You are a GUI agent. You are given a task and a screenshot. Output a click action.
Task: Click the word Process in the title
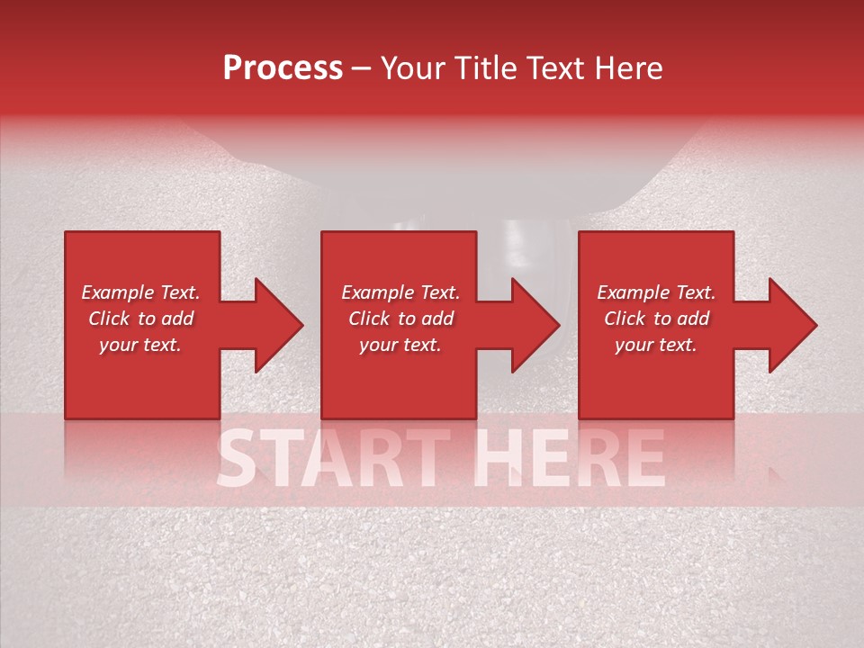[283, 68]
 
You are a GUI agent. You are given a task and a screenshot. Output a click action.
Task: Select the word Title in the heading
[486, 68]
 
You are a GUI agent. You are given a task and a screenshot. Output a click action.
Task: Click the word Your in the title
[415, 68]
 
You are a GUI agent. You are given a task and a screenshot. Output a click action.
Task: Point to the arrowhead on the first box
[278, 325]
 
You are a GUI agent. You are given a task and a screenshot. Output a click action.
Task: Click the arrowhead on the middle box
[535, 325]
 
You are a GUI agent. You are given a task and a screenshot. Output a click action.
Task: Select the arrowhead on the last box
[792, 325]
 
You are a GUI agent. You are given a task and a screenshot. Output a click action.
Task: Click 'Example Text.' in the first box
[140, 292]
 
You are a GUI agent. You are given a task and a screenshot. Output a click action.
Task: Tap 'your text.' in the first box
[140, 345]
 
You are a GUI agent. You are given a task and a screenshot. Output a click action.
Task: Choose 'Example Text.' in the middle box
[400, 292]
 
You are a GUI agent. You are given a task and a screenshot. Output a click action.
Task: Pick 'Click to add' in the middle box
[400, 319]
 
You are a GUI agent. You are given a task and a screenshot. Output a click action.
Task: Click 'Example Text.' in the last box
[656, 292]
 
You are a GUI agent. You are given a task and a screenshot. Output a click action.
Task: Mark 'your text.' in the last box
[656, 345]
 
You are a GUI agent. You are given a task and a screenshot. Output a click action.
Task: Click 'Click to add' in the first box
[140, 319]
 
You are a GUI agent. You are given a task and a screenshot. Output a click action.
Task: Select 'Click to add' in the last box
[656, 319]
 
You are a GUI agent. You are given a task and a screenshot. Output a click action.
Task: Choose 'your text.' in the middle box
[400, 345]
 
